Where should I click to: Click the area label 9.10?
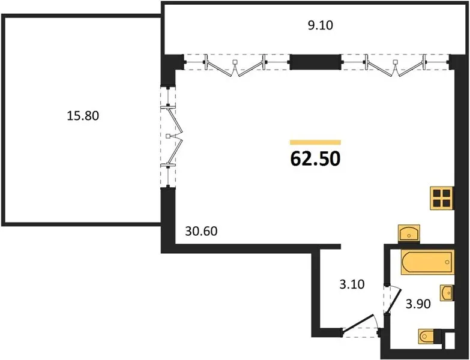coord(321,25)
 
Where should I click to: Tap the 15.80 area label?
coord(83,116)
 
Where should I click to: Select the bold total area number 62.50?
coord(315,159)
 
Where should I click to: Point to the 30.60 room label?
coord(201,231)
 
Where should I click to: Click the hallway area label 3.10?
coord(352,284)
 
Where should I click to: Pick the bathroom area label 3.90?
coord(418,304)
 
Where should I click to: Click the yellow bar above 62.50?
coord(315,142)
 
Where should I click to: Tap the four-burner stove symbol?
coord(442,198)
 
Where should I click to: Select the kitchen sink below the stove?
coord(409,233)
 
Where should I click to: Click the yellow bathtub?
coord(428,262)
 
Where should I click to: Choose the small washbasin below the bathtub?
coord(447,293)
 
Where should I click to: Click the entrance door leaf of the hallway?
coord(358,323)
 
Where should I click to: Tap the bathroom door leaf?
coord(394,301)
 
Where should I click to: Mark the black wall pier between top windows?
coord(316,62)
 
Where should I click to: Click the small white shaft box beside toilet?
coord(450,341)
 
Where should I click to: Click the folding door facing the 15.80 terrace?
coord(174,136)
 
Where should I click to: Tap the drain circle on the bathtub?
coord(448,262)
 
